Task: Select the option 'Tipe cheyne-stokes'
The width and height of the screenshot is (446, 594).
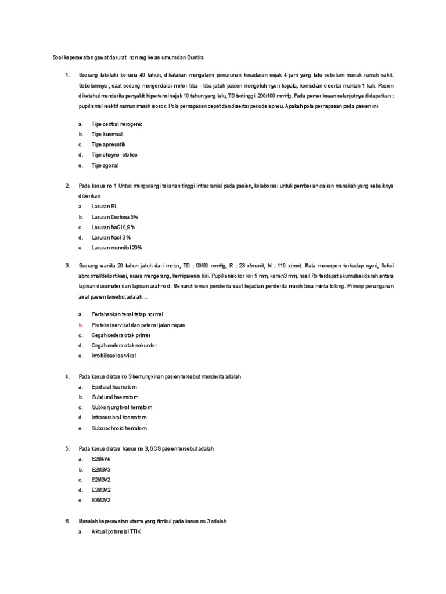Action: pos(114,155)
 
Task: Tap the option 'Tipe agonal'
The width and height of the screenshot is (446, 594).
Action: pos(105,165)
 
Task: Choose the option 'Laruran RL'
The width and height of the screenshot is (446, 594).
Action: pos(105,207)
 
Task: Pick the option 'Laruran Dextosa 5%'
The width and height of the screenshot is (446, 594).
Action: pos(115,217)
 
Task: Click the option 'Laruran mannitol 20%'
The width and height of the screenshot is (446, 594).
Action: pos(117,248)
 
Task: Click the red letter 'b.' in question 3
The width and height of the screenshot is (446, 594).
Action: pos(81,325)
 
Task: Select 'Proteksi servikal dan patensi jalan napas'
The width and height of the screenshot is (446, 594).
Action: pos(138,325)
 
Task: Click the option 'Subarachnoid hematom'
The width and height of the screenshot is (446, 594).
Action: pos(120,428)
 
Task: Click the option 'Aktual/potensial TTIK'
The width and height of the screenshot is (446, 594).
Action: pos(117,531)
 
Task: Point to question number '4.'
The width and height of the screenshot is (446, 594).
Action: pos(68,376)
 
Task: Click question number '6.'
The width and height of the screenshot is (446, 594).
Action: pos(68,521)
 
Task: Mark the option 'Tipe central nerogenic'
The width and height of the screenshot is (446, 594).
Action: pos(117,124)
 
